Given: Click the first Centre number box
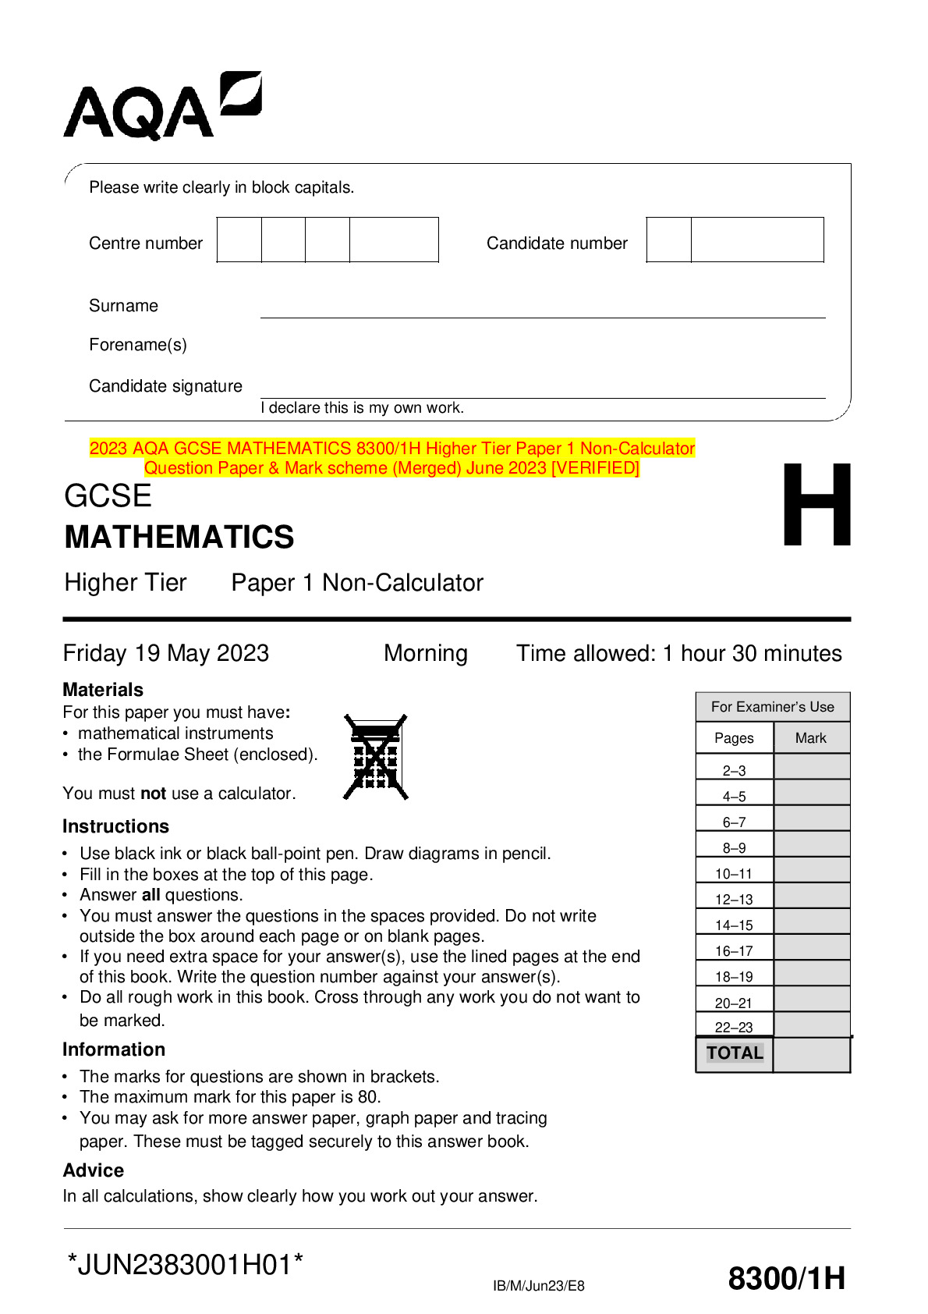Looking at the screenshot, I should pos(239,240).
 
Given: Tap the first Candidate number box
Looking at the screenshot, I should pos(668,240).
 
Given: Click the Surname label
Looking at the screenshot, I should pos(123,306).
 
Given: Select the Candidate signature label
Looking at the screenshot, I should pos(165,386).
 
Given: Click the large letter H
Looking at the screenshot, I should pos(816,506).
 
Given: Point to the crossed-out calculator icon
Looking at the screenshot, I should pos(376,757).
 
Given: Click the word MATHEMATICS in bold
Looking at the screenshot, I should pos(179,538).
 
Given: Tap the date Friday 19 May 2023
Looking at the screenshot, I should pos(166,653).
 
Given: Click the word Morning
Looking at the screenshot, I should pos(426,653).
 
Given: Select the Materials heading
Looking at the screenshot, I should pos(103,690).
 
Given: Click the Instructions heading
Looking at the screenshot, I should pos(115,826).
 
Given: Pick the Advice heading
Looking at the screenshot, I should pos(94,1170).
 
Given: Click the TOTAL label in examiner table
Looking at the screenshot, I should pos(735,1053).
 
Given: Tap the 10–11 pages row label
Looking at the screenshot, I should pos(734,874).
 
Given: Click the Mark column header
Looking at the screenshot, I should pos(810,738).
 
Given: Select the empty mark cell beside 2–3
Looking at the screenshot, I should pos(811,767).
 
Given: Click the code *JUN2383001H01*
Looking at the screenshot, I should pos(185,1265).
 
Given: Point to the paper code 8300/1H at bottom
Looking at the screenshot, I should pos(786,1279).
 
